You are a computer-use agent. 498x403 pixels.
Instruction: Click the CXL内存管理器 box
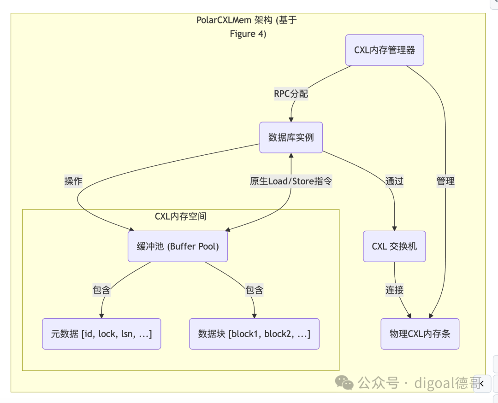pyautogui.click(x=385, y=50)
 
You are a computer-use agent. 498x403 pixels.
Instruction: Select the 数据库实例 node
pyautogui.click(x=291, y=137)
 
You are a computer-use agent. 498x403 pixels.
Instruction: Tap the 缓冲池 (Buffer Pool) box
pyautogui.click(x=178, y=246)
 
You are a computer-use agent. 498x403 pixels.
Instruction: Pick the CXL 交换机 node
pyautogui.click(x=394, y=246)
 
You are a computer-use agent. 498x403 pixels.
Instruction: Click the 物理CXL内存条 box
pyautogui.click(x=420, y=334)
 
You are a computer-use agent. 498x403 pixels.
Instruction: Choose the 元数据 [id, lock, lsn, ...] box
pyautogui.click(x=101, y=334)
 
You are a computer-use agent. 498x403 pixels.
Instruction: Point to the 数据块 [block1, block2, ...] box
pyautogui.click(x=254, y=334)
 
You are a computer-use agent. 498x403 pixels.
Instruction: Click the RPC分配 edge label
pyautogui.click(x=291, y=94)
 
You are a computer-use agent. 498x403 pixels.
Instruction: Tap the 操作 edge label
pyautogui.click(x=73, y=181)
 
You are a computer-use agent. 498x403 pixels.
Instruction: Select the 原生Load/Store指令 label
pyautogui.click(x=291, y=181)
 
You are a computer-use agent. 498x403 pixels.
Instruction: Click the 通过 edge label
pyautogui.click(x=394, y=181)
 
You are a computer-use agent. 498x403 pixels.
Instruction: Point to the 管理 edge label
pyautogui.click(x=445, y=181)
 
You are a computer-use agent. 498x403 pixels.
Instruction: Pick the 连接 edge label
pyautogui.click(x=394, y=290)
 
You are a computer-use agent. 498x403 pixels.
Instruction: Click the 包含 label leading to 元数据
pyautogui.click(x=101, y=290)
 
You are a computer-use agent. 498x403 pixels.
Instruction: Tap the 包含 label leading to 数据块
pyautogui.click(x=254, y=290)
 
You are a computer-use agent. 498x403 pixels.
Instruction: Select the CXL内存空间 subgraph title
pyautogui.click(x=181, y=216)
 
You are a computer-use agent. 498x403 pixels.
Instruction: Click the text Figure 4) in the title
pyautogui.click(x=248, y=34)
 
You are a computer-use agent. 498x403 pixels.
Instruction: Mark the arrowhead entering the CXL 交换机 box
pyautogui.click(x=394, y=228)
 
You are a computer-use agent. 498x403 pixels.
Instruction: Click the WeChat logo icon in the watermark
pyautogui.click(x=344, y=382)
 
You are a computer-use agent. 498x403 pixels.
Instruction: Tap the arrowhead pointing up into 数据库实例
pyautogui.click(x=291, y=156)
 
